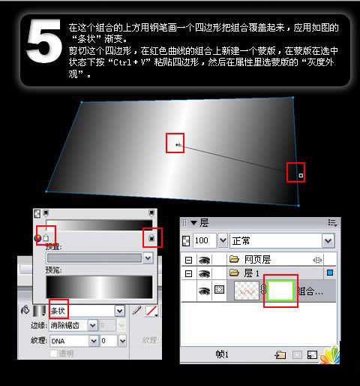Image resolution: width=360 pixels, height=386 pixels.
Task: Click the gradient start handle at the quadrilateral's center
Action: [177, 143]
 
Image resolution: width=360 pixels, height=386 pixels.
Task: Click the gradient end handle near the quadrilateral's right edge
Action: [300, 175]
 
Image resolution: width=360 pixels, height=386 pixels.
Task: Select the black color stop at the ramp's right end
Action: [151, 238]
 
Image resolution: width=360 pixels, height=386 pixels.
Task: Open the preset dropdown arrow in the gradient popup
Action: [148, 258]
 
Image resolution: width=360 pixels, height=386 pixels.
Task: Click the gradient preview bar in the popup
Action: [99, 286]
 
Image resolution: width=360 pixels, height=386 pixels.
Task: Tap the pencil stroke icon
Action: [136, 309]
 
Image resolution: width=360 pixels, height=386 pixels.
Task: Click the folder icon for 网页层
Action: [234, 259]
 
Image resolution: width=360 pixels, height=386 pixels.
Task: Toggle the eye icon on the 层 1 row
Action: [203, 273]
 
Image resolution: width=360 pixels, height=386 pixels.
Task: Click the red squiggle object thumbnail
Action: [246, 290]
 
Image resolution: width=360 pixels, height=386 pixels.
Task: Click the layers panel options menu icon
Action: [332, 223]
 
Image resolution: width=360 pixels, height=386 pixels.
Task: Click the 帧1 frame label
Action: [221, 353]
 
